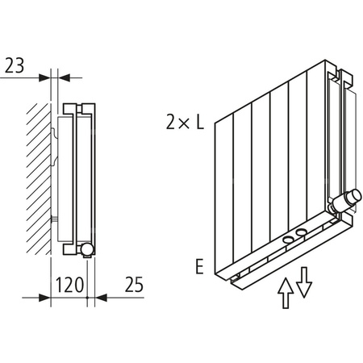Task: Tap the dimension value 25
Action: coord(134,284)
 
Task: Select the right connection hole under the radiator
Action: coord(300,234)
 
